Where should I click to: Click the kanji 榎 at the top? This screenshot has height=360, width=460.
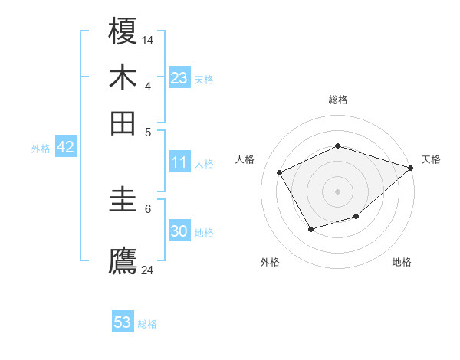pyautogui.click(x=123, y=32)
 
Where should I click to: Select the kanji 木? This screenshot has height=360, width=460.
pyautogui.click(x=123, y=77)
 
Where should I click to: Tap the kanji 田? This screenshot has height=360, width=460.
pyautogui.click(x=123, y=122)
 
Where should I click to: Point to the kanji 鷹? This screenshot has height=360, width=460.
pyautogui.click(x=123, y=260)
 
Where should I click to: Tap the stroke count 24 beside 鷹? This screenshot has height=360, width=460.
pyautogui.click(x=149, y=269)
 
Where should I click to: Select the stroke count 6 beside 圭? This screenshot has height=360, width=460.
pyautogui.click(x=148, y=208)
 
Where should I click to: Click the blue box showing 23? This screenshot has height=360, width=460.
pyautogui.click(x=179, y=78)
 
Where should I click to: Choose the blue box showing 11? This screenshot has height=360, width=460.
pyautogui.click(x=179, y=162)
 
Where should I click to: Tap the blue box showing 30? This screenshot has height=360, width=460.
pyautogui.click(x=179, y=231)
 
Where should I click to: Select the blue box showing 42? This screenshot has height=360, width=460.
pyautogui.click(x=65, y=148)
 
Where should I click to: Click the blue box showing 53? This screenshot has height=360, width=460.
pyautogui.click(x=123, y=322)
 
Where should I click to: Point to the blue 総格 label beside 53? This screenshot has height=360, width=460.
pyautogui.click(x=147, y=324)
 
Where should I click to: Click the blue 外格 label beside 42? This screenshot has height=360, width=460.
pyautogui.click(x=41, y=149)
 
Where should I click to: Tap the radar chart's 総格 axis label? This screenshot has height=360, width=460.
pyautogui.click(x=337, y=100)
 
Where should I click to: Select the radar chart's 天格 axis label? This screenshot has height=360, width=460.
pyautogui.click(x=431, y=159)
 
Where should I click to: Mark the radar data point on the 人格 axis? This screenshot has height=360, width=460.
pyautogui.click(x=280, y=172)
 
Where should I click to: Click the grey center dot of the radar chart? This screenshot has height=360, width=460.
pyautogui.click(x=337, y=191)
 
